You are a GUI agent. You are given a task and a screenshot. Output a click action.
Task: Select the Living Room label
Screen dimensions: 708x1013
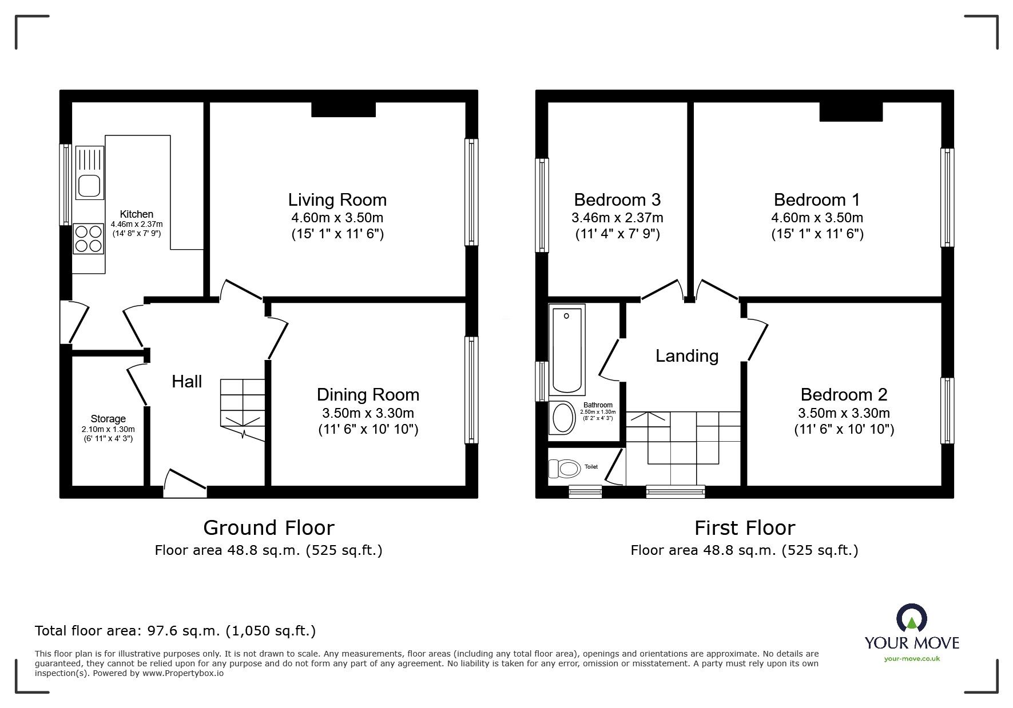coord(337,199)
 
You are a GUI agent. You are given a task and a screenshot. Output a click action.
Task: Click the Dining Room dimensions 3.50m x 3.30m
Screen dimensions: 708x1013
coord(368,413)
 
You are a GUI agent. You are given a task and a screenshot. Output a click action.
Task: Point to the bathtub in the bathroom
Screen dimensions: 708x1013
coord(566,349)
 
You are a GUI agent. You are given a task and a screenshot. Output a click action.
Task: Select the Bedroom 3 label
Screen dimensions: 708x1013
coord(617,199)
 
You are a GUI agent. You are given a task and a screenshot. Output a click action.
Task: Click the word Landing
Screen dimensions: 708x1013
coord(686,356)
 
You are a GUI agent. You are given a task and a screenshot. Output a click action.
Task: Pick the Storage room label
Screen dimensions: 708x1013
coord(108,419)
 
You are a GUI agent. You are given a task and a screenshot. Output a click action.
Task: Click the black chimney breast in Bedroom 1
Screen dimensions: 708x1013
coord(851,111)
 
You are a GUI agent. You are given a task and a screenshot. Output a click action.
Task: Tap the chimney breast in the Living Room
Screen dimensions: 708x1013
coord(343,109)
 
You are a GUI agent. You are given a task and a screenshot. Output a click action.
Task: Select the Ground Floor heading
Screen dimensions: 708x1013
coord(268,527)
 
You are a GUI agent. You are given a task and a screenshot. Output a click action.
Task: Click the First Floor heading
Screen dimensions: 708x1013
coord(744,527)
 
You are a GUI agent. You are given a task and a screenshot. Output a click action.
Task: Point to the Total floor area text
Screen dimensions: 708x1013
coord(175,631)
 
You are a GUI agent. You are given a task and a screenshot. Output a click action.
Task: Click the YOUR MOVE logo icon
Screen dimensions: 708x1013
coord(911,618)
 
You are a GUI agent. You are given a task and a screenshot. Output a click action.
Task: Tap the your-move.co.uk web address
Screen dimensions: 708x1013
coord(912,658)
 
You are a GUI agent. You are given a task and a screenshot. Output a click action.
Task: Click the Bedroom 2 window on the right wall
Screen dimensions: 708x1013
coord(947,410)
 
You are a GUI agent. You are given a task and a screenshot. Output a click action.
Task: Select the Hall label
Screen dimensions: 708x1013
coord(187,382)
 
